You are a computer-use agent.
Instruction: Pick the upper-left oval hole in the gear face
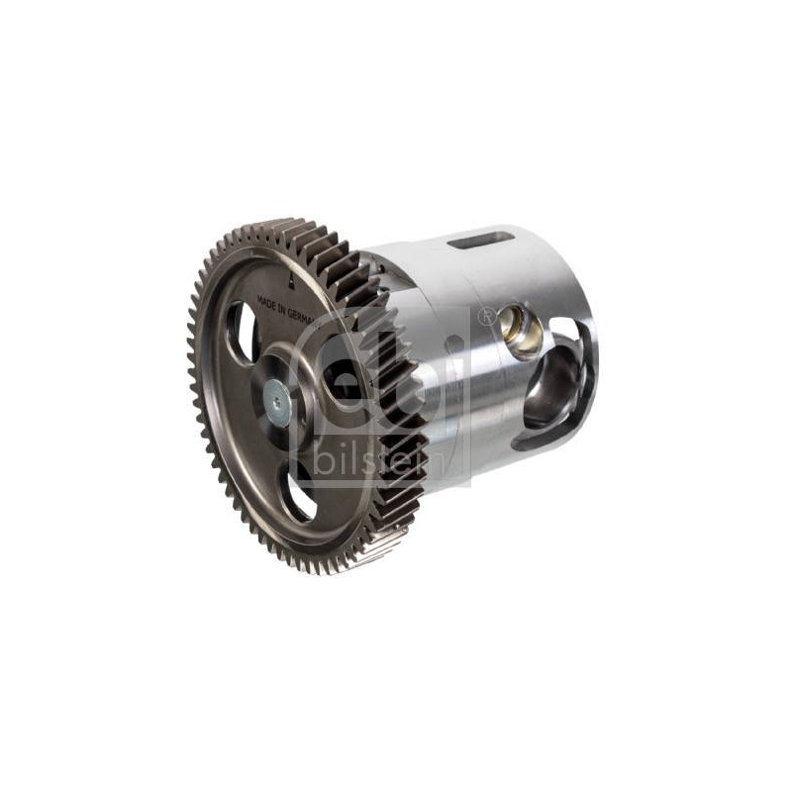coord(243,331)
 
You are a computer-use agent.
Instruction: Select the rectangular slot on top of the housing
coord(481,240)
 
